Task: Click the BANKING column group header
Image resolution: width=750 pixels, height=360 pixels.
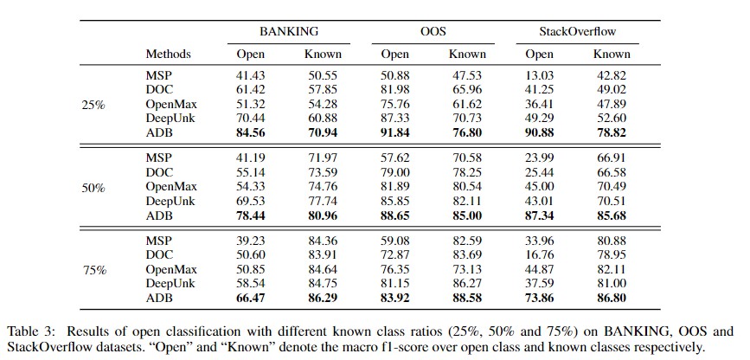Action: [287, 31]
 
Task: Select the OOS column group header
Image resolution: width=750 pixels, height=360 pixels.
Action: [433, 31]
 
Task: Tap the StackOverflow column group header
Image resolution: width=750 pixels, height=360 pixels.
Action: [577, 31]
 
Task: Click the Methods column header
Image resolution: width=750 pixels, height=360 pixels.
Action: [169, 55]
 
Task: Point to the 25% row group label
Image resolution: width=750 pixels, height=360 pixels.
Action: [93, 105]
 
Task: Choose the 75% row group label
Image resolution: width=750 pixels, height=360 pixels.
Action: [93, 270]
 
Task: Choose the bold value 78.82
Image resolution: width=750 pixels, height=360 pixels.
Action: [612, 133]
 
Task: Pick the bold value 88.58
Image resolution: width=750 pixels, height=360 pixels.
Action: [467, 298]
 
